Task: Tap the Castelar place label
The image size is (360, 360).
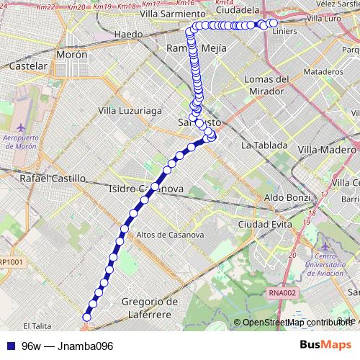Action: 28,66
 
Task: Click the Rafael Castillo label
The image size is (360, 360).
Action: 53,177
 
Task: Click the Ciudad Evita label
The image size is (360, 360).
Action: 264,225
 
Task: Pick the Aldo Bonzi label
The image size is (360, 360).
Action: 287,197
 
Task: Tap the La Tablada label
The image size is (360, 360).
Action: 265,145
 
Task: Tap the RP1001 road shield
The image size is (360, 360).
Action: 12,263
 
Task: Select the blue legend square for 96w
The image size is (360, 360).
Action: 11,346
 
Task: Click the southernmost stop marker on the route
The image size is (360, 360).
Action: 87,317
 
